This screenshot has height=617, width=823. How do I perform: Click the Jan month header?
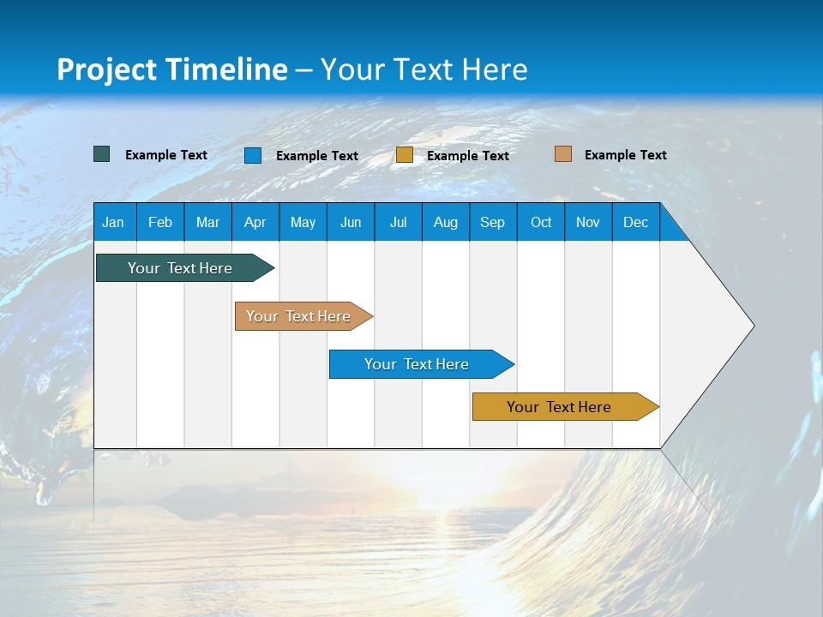coord(114,222)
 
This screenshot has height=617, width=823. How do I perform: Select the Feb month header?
coord(160,222)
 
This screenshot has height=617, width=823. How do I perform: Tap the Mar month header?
coord(207,222)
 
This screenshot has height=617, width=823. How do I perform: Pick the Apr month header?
coord(255,222)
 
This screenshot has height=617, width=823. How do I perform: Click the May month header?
coord(303,222)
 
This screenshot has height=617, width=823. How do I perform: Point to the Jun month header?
coord(351,222)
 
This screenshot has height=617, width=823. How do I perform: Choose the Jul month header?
coord(398,222)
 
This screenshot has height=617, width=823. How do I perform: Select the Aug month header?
coord(446,222)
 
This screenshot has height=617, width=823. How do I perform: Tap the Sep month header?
coord(493,222)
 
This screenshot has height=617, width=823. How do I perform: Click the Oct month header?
coord(541,222)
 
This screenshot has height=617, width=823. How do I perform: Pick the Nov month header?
coord(588,222)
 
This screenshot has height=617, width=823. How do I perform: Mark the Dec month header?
coord(636,222)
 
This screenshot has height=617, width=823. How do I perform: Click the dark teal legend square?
coord(102,154)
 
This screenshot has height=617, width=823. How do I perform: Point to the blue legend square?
coord(253,155)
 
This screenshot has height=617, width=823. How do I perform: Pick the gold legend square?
coord(405,155)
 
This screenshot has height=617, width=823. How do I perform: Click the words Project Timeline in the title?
coord(172,69)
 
